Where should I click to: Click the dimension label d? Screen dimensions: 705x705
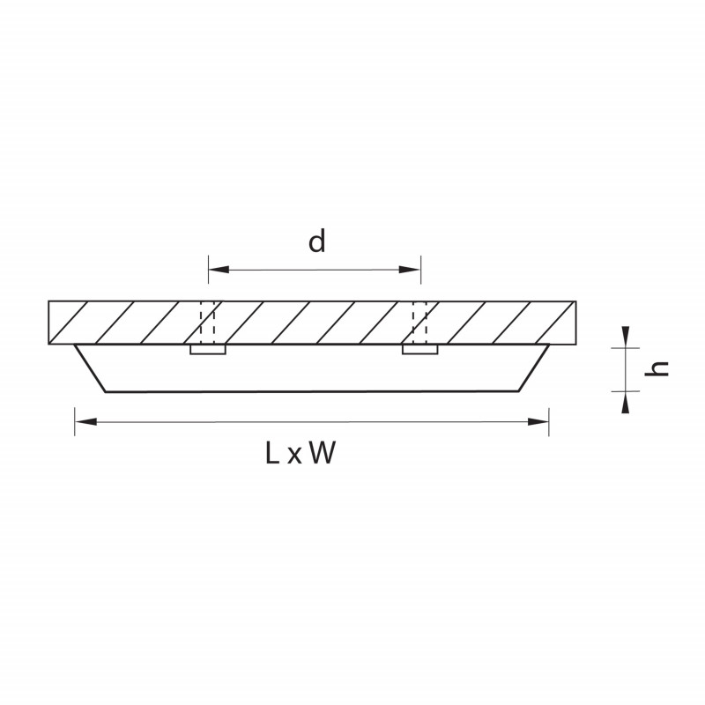[316, 241]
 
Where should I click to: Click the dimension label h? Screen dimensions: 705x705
[657, 368]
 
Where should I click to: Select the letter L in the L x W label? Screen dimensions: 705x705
[272, 453]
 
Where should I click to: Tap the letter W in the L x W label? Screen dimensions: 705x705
[323, 453]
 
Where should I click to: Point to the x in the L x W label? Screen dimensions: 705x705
[294, 456]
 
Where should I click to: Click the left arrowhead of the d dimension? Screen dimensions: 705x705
[219, 270]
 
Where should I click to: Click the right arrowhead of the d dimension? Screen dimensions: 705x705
[410, 270]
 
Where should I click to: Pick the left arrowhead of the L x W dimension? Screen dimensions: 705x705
[85, 422]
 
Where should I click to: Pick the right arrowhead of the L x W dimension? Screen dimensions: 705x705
[538, 422]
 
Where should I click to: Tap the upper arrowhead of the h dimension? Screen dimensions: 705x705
[626, 337]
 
